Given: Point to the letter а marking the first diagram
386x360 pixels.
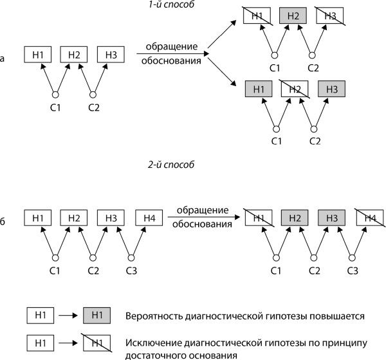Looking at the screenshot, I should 3,60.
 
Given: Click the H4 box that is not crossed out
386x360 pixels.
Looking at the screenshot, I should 149,218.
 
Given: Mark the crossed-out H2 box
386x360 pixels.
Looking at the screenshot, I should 293,89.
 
